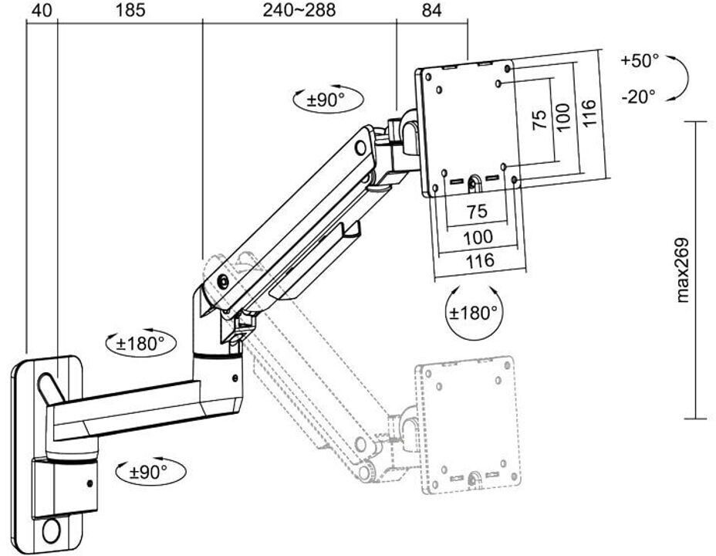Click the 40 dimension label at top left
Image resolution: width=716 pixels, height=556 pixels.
pos(42,10)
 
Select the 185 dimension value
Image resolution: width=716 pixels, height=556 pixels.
pos(130,10)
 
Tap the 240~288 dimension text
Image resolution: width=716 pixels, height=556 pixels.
pos(299,10)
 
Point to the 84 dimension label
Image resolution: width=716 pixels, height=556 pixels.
pos(431,10)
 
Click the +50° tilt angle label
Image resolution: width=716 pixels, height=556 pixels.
pos(640,61)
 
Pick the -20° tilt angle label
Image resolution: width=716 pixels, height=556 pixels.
pos(638,97)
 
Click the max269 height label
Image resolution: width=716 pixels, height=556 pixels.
pos(682,270)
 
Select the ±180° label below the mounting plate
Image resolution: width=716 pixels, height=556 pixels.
pos(473,314)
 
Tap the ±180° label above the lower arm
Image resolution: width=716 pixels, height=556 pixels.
pos(140,344)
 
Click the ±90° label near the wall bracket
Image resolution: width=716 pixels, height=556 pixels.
pos(148,472)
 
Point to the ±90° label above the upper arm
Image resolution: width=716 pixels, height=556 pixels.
pos(326,100)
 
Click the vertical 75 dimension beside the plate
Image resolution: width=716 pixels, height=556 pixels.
pos(540,120)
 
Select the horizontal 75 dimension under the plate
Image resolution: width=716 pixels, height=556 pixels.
pos(477,212)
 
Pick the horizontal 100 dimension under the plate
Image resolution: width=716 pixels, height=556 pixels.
pos(478,237)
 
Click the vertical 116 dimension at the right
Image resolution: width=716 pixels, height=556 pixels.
pos(589,113)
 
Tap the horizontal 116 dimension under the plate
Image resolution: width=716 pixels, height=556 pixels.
pos(480,261)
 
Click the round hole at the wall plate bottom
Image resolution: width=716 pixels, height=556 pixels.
pos(51,531)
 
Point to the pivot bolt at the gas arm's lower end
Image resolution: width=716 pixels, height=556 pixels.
pos(223,281)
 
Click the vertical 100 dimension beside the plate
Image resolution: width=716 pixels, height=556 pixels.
pos(564,116)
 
